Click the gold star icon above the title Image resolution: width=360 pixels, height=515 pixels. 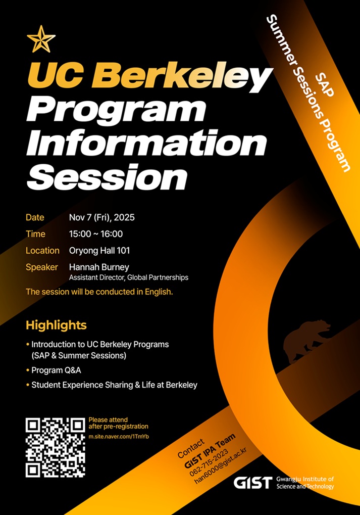41,39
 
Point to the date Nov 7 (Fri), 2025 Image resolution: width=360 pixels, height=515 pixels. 102,218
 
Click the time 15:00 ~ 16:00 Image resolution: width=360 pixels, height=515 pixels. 96,234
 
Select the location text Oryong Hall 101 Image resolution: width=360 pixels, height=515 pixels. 102,250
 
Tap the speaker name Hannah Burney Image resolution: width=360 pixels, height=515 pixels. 98,267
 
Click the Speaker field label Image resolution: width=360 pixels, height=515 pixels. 42,267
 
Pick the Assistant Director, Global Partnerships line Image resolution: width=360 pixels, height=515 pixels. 129,277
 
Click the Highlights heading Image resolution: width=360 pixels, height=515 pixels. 56,324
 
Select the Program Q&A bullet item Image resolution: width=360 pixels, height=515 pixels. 56,370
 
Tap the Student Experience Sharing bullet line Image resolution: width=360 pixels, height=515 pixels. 114,385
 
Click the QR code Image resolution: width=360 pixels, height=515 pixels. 55,447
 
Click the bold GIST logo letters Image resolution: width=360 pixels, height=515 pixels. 252,483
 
